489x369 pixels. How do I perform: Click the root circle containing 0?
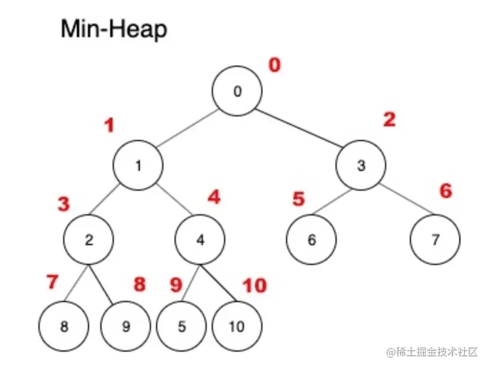pos(237,92)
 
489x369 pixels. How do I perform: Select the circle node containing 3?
pos(361,165)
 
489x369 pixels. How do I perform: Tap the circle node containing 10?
pos(237,326)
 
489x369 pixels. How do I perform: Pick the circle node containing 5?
pos(181,326)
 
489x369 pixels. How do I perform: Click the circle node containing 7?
pos(435,240)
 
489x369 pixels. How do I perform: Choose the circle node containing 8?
pos(64,326)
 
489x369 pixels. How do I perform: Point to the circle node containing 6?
pos(311,240)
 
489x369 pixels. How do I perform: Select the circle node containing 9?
pos(126,326)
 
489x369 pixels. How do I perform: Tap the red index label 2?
pos(388,119)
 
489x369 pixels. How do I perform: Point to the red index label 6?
pos(446,191)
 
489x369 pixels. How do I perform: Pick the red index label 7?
pos(53,282)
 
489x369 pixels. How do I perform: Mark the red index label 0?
pos(274,65)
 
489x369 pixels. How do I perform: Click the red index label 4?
pos(214,198)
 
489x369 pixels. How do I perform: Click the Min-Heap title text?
pos(114,29)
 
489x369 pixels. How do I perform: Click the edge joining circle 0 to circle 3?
pos(299,128)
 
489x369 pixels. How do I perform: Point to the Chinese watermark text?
pos(433,352)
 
